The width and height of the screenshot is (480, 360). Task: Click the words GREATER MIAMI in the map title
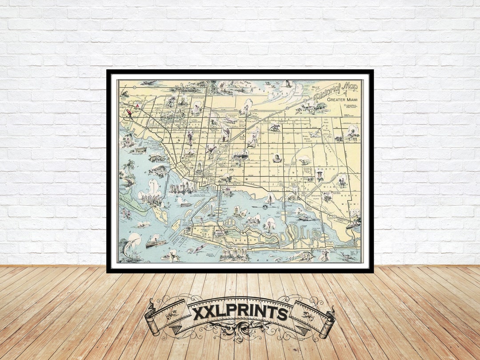tap(342, 99)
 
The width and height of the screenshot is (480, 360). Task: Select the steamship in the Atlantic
tap(156, 243)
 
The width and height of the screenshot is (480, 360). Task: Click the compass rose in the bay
tap(266, 207)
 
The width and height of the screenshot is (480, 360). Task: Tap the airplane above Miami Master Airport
tap(315, 132)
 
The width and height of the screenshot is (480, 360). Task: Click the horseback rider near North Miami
tap(342, 182)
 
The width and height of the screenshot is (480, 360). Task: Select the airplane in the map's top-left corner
tap(148, 83)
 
